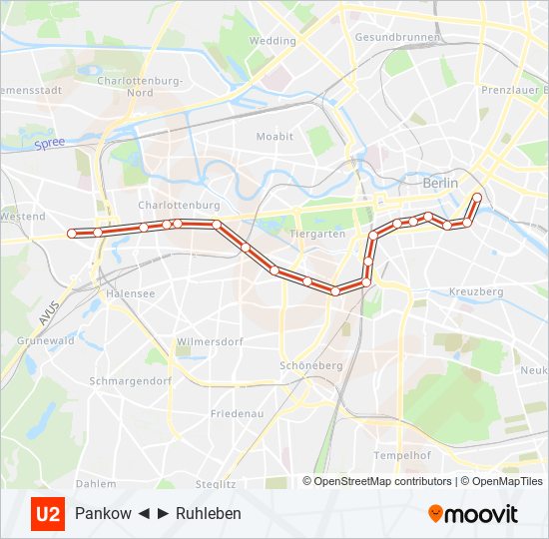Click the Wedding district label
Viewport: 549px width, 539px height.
(x=273, y=41)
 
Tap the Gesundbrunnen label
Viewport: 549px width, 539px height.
(x=388, y=37)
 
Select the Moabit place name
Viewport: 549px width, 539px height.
(x=274, y=136)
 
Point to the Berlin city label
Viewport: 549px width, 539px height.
(x=440, y=183)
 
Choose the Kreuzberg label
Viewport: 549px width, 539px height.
(x=476, y=291)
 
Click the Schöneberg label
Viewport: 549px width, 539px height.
(x=311, y=365)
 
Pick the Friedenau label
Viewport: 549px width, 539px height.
(x=238, y=412)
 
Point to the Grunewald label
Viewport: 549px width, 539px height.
(x=46, y=340)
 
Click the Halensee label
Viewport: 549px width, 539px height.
(x=130, y=293)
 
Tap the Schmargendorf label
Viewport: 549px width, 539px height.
(x=131, y=380)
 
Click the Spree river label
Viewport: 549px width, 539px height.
(x=49, y=144)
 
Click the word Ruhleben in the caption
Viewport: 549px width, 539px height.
(x=209, y=514)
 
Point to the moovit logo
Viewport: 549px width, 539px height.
(x=473, y=514)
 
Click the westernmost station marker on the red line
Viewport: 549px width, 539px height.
(x=72, y=233)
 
